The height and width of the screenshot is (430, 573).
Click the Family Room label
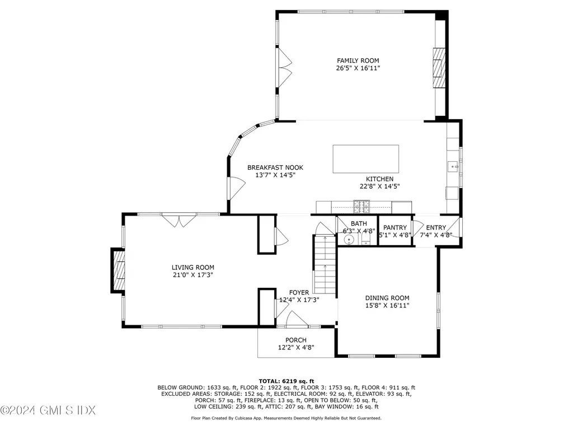[x=358, y=60]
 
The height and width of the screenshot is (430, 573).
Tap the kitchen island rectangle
[x=366, y=159]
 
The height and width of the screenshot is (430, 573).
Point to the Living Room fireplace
[x=119, y=270]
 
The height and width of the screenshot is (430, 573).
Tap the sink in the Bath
[x=349, y=240]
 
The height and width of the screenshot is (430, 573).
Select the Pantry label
[x=394, y=227]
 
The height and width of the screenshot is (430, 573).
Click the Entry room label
[x=436, y=227]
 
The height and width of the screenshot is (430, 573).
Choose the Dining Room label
[x=387, y=298]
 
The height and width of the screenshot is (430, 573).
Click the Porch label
[x=296, y=340]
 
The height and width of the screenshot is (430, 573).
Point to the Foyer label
[x=299, y=292]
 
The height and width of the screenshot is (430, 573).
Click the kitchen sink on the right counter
[x=453, y=166]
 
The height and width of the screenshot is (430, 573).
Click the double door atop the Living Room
[x=179, y=221]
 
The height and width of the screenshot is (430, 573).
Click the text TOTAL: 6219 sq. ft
[x=286, y=380]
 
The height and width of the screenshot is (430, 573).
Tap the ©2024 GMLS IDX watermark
[x=48, y=411]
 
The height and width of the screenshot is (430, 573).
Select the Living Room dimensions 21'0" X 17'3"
[x=192, y=275]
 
